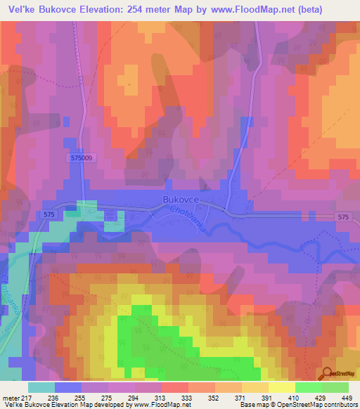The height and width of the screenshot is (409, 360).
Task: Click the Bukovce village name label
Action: point(182,200)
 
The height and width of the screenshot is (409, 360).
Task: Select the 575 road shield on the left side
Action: point(49,213)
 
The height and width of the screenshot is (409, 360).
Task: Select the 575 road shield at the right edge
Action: point(342,218)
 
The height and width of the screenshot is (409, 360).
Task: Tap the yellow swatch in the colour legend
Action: point(281,387)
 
